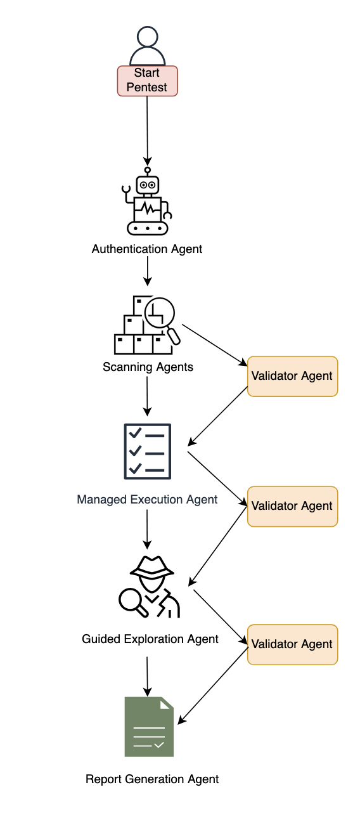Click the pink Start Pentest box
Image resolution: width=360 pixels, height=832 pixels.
147,81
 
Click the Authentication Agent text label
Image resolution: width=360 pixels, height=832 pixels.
147,249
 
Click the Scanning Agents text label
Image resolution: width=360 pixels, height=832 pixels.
148,367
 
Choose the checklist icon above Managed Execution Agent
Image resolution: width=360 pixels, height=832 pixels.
147,451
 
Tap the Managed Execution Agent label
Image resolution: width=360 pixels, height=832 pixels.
147,500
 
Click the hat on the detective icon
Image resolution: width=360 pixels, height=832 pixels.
151,566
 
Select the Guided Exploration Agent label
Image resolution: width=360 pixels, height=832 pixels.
150,639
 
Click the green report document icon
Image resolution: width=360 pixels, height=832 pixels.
149,727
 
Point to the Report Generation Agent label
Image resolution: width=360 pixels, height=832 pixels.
152,779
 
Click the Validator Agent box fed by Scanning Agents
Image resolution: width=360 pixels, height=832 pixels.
292,376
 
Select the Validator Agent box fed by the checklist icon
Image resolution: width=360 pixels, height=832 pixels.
292,506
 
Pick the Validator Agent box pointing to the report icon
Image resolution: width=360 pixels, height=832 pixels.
292,644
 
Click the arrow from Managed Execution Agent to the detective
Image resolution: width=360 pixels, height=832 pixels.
147,528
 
